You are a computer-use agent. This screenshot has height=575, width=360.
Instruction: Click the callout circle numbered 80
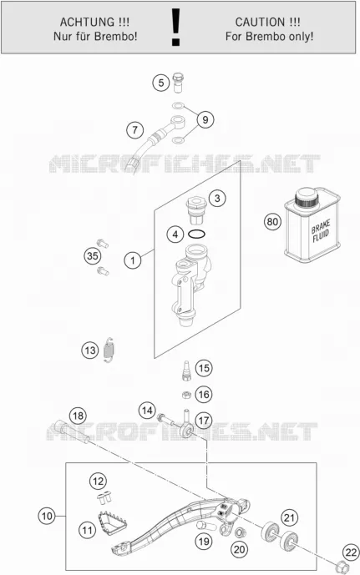(x=272, y=222)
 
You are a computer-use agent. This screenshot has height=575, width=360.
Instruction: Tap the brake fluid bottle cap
(x=306, y=198)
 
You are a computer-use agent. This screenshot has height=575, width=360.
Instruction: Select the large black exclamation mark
(x=176, y=28)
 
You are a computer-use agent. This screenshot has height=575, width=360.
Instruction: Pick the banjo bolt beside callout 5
(x=179, y=82)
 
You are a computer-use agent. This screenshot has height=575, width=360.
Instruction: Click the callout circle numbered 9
(x=205, y=119)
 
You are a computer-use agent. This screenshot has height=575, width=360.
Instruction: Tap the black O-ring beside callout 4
(x=196, y=234)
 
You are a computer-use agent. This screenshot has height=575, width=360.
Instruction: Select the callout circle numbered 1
(x=133, y=260)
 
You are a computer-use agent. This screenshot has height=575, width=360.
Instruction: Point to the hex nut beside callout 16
(x=186, y=395)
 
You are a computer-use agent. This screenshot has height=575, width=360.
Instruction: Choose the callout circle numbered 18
(x=78, y=416)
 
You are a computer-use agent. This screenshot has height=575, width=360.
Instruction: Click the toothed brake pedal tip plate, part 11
(x=112, y=522)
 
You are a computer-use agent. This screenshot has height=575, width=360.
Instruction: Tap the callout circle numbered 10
(x=47, y=516)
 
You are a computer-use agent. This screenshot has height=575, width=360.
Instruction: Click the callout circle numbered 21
(x=290, y=517)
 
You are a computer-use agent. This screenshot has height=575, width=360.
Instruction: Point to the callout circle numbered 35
(x=93, y=255)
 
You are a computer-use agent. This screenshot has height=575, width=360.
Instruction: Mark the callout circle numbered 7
(x=135, y=130)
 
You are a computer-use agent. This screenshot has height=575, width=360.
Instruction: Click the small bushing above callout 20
(x=239, y=532)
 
